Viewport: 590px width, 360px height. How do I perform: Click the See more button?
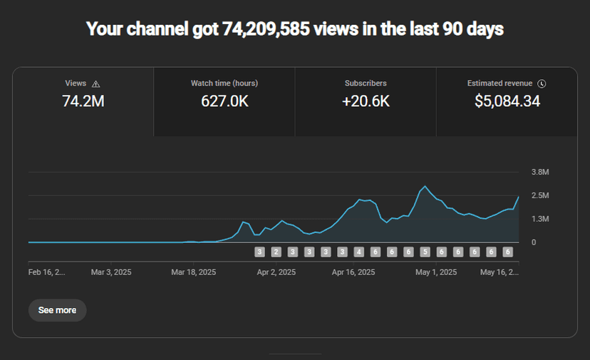coord(57,310)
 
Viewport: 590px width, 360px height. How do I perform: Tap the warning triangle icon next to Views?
coord(96,84)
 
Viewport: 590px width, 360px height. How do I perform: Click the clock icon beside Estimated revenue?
coord(542,83)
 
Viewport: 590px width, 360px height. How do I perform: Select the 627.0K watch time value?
coord(224,101)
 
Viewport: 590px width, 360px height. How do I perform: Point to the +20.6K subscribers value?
coord(366,101)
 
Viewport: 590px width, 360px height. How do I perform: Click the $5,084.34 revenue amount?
coord(507,101)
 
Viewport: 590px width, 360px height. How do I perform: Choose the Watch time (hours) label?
coord(224,83)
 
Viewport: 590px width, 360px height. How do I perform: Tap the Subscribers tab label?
coord(366,83)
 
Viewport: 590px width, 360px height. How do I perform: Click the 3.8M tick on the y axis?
coord(539,172)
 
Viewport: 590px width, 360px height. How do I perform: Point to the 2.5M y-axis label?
coord(539,195)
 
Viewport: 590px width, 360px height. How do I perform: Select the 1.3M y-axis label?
coord(539,219)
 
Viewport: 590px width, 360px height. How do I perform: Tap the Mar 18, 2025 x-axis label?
coord(193,272)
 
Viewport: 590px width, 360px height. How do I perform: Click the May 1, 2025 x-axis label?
coord(437,272)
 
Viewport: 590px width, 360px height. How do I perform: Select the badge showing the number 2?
coord(276,252)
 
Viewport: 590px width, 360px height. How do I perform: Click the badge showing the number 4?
coord(358,252)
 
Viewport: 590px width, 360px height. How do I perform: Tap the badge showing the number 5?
coord(425,252)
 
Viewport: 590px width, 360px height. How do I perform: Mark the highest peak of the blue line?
coord(425,187)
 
